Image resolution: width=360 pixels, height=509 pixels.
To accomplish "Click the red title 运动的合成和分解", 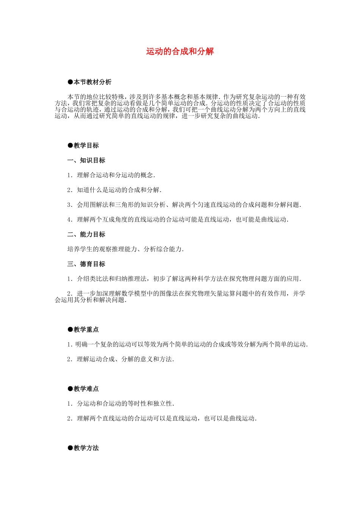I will click(180, 52).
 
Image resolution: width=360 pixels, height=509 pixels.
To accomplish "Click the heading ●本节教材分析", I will click(89, 82).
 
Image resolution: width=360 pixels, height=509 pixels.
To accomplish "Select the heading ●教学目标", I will click(83, 145).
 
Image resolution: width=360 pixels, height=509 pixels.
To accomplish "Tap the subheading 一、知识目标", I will click(86, 160).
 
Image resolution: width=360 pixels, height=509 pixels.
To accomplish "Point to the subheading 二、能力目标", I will click(86, 234).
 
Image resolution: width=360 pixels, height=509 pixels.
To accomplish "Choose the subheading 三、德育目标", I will click(86, 264).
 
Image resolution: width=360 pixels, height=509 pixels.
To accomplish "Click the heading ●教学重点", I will click(83, 329).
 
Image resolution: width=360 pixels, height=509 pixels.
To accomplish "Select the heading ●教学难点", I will click(83, 389).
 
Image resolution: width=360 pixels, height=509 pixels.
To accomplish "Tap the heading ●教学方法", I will click(83, 448).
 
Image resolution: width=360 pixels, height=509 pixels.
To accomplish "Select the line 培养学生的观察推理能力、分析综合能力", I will click(125, 249).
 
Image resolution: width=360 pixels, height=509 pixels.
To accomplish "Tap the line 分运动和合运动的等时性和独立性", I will click(121, 404).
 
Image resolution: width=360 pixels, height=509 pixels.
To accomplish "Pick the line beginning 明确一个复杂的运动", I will click(188, 344).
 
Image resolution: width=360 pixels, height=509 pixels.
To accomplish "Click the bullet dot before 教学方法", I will click(70, 448).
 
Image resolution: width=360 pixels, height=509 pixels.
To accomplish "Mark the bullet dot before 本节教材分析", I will click(70, 82).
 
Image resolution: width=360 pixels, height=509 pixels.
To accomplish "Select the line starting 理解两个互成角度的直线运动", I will click(178, 220).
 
